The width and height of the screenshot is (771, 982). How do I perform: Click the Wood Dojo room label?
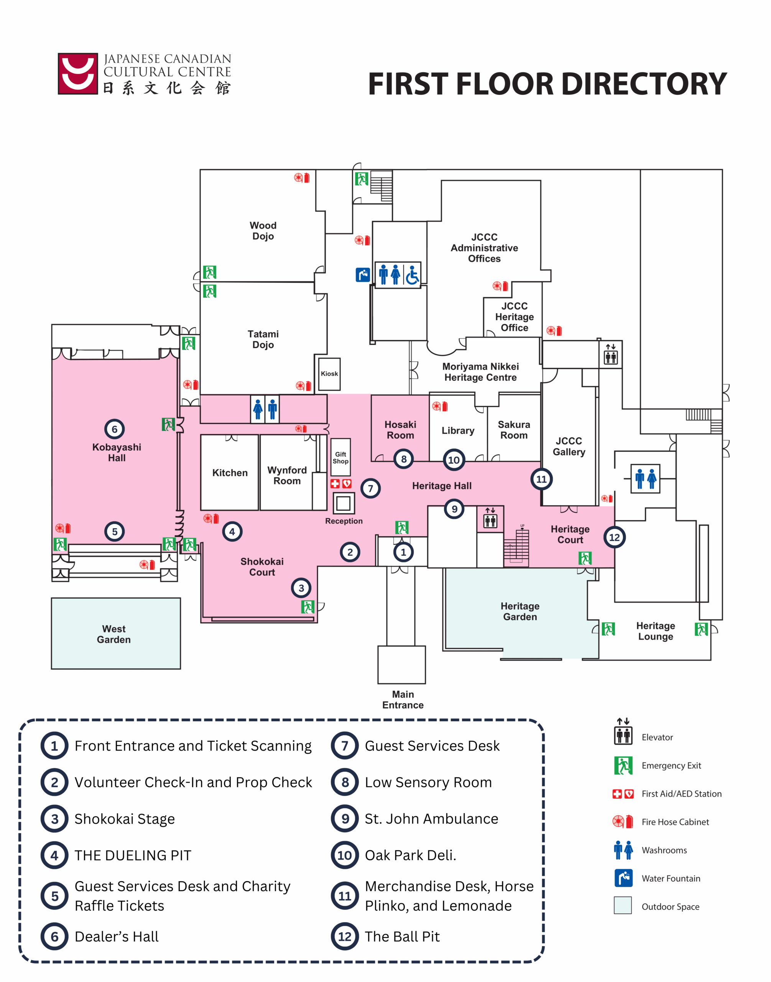(263, 231)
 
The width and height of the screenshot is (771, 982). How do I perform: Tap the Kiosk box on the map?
(329, 374)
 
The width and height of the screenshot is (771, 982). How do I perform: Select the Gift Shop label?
(340, 458)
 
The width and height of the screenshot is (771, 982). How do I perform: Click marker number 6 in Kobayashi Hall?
(115, 429)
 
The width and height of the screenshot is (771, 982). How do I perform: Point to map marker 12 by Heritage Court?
(614, 537)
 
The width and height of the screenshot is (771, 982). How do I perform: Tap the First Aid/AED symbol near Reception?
(341, 484)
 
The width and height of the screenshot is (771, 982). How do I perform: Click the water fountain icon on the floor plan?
(362, 275)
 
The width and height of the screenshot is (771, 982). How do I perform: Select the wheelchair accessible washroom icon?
(413, 275)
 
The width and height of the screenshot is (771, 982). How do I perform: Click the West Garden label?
(114, 634)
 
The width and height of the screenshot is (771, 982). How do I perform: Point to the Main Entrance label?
(403, 700)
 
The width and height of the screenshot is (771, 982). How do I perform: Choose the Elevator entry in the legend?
(657, 737)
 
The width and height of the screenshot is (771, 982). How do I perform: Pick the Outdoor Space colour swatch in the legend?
(623, 905)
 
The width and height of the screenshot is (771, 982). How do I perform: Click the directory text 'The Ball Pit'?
(402, 936)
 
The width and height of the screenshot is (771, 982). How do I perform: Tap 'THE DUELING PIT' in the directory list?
(133, 855)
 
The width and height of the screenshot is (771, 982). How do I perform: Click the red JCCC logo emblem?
(78, 74)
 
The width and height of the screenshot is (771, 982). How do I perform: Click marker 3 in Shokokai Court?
(301, 588)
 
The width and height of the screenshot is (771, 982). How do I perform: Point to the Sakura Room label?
(514, 430)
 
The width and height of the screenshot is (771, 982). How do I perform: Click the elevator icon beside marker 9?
(490, 519)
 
